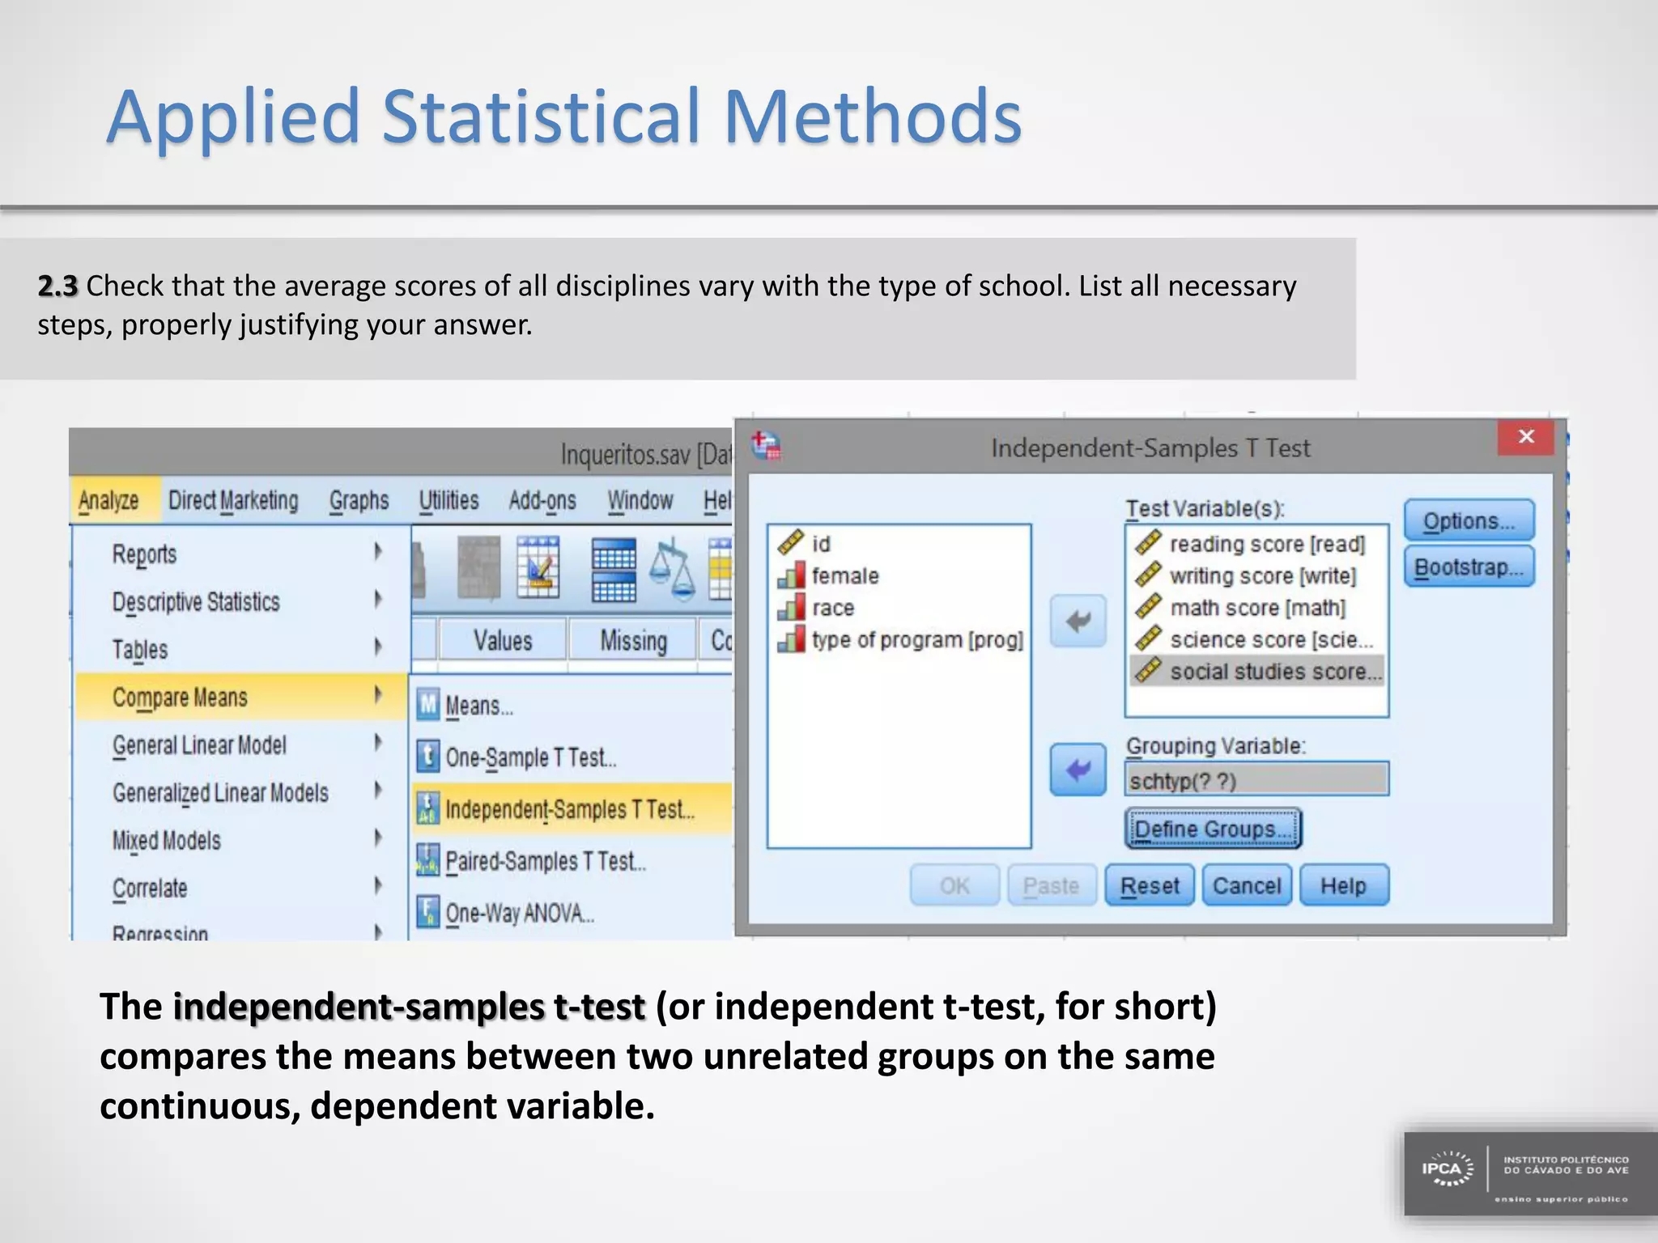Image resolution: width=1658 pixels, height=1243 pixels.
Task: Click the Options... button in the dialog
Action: coord(1469,520)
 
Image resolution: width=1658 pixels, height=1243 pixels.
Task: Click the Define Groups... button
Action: coord(1212,829)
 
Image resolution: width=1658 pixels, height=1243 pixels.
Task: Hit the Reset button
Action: coord(1149,885)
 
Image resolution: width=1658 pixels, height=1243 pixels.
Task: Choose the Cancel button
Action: coord(1246,885)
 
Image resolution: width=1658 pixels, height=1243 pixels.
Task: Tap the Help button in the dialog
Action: coord(1343,885)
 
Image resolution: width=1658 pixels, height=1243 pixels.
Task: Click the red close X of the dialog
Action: coord(1526,437)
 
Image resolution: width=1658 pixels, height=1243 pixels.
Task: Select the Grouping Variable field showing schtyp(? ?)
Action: coord(1256,780)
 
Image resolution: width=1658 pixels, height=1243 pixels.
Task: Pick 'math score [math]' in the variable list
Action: coord(1256,608)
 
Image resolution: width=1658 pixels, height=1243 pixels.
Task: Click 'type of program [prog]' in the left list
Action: coord(916,640)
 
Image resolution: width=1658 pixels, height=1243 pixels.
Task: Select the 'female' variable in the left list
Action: coord(844,576)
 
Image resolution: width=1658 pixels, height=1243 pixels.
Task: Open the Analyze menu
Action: coord(108,501)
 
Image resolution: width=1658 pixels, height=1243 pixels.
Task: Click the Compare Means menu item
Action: coord(180,698)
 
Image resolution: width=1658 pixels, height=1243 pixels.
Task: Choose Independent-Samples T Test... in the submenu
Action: coord(569,809)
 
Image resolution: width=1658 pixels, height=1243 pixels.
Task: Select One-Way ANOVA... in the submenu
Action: coord(519,913)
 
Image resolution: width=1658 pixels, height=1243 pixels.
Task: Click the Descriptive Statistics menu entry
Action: coord(195,602)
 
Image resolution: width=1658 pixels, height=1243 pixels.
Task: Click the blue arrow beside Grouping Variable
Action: coord(1078,770)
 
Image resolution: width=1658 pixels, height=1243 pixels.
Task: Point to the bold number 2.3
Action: coord(57,286)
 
